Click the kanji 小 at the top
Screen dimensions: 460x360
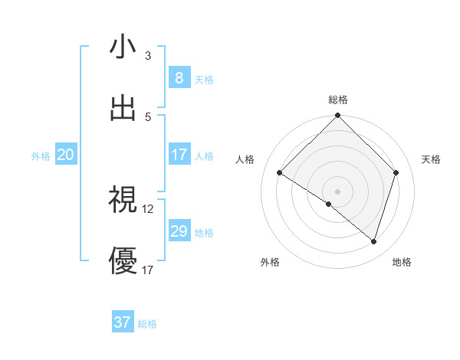(123, 47)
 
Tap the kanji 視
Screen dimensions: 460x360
(123, 199)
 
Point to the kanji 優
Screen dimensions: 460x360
(123, 260)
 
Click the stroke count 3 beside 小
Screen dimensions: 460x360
(148, 56)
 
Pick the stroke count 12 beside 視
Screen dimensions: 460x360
(148, 208)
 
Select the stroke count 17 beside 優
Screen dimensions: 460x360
(148, 270)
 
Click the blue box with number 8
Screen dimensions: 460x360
(179, 77)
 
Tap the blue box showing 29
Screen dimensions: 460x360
(179, 231)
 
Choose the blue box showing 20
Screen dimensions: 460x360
(65, 155)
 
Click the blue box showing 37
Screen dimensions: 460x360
(123, 322)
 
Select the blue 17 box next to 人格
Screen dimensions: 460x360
(179, 155)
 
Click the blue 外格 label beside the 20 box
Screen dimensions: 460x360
(41, 155)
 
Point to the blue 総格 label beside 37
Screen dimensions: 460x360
(147, 324)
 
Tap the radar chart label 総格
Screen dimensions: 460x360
(337, 100)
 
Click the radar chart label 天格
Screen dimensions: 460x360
(431, 159)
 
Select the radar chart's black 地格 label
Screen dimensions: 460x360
(402, 263)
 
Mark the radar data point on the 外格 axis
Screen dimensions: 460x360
(329, 204)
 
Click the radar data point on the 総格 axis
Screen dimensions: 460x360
(337, 116)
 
